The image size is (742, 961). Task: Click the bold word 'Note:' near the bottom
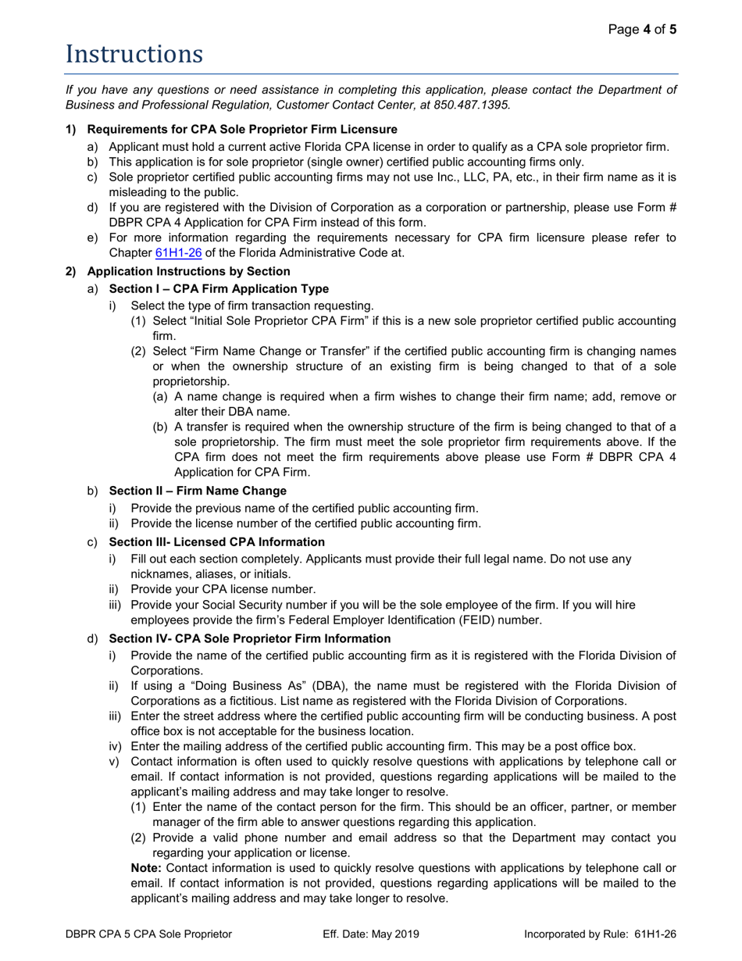tap(103, 868)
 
